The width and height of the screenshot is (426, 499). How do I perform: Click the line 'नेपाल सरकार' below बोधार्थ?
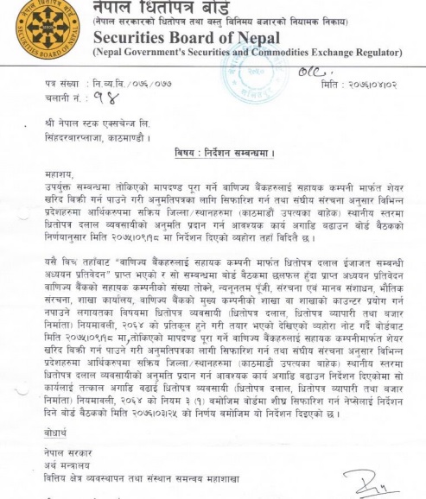(x=65, y=452)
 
